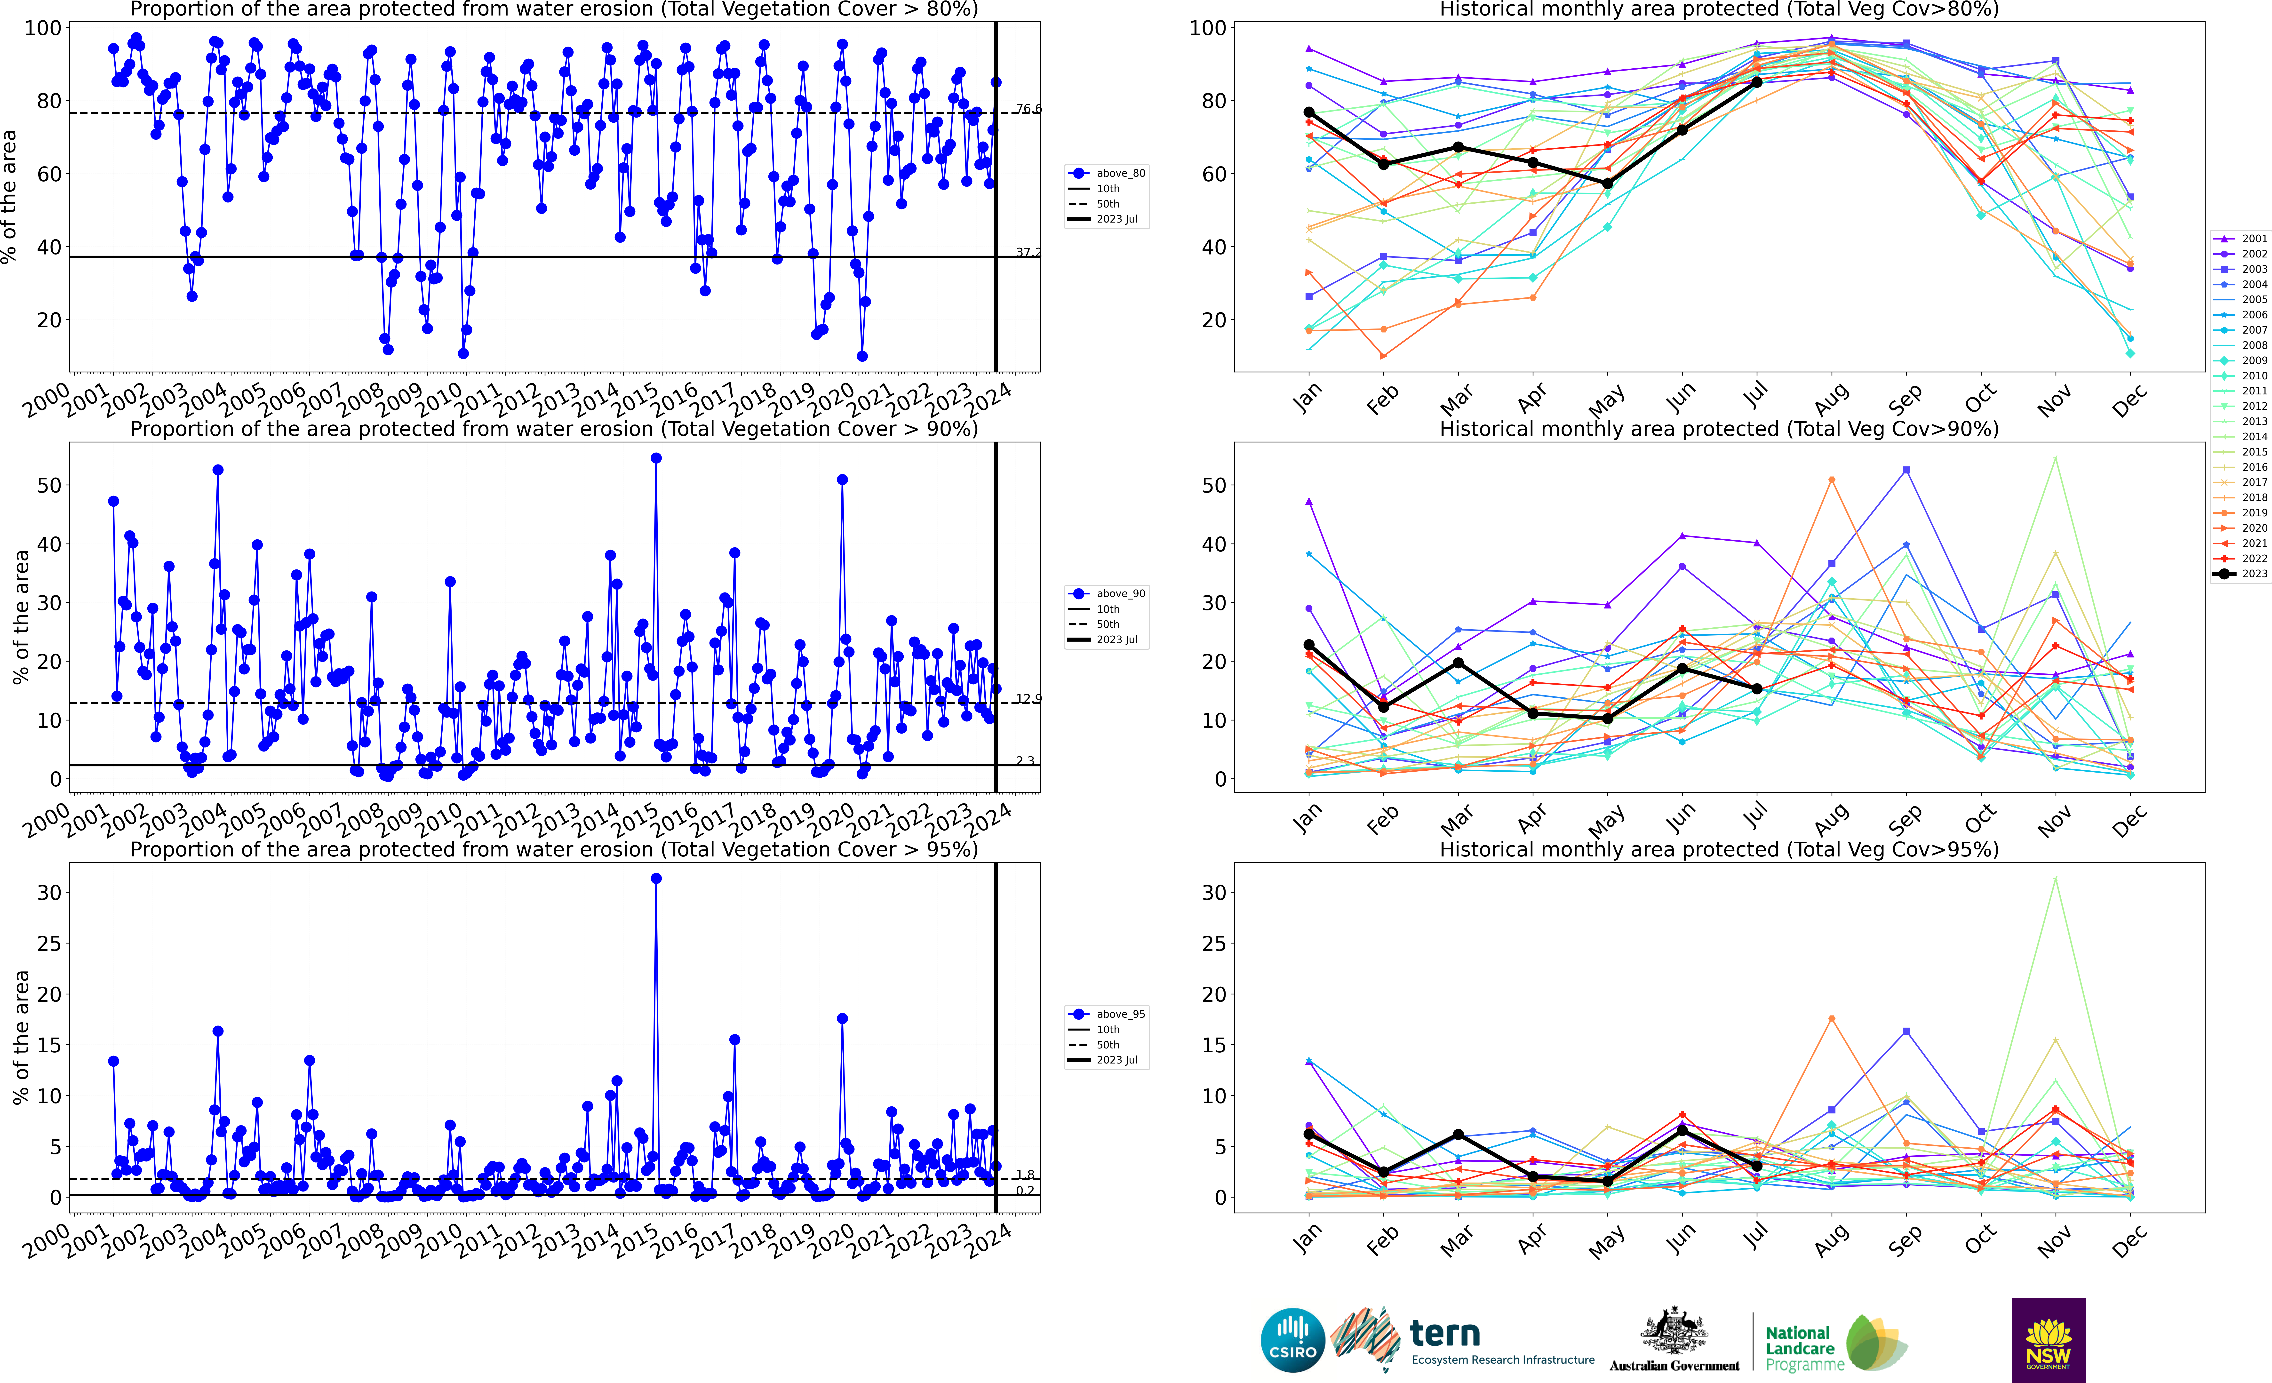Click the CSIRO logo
[1293, 1340]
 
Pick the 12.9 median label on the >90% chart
[1028, 699]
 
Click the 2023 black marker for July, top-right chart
[1757, 82]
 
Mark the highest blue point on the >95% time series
[656, 879]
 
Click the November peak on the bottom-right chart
[2055, 879]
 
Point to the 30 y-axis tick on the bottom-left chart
[50, 893]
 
